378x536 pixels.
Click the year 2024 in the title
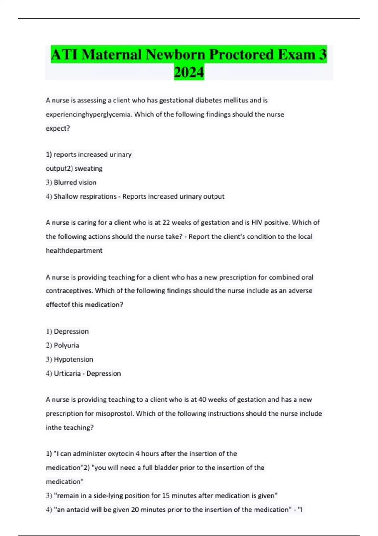click(189, 72)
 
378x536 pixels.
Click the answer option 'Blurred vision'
click(75, 183)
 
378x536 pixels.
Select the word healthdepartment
click(74, 251)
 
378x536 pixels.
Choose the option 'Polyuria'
click(66, 346)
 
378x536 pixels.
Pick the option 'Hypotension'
click(73, 359)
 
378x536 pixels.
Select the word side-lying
click(108, 496)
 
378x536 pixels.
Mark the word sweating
click(89, 169)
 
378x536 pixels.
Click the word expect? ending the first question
click(58, 129)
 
